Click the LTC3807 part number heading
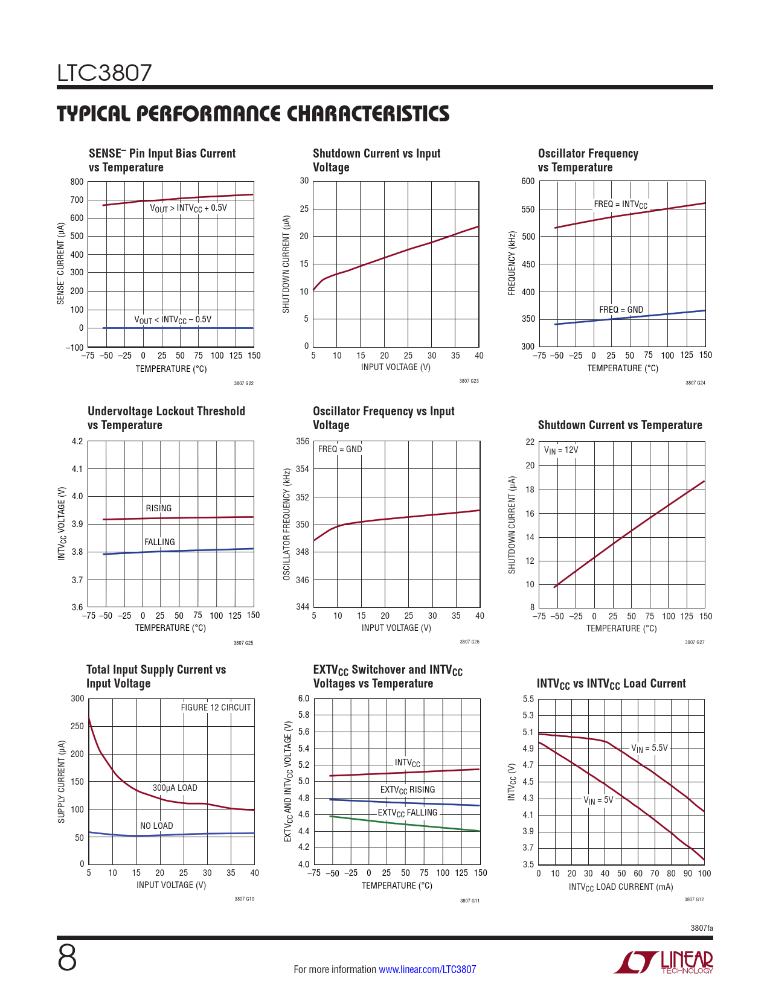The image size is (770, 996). click(x=104, y=73)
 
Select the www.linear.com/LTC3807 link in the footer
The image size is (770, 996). click(x=427, y=969)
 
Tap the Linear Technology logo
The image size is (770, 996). click(x=663, y=962)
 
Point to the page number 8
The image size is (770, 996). click(x=67, y=958)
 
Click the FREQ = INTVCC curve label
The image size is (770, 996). click(x=620, y=205)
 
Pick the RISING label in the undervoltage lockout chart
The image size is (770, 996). click(x=158, y=508)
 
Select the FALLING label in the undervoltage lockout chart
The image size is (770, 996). click(x=159, y=542)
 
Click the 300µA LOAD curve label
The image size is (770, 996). click(x=175, y=788)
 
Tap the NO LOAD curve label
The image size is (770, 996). click(x=156, y=826)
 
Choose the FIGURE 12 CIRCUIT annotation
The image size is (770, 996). click(x=216, y=707)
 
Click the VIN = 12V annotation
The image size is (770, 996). click(x=560, y=450)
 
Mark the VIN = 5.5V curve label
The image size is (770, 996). click(x=649, y=749)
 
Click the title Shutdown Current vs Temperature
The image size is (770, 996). click(x=620, y=425)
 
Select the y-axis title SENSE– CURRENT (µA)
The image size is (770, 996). click(x=60, y=263)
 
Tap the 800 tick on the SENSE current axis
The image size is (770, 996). click(x=77, y=182)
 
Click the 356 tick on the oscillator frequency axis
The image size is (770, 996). click(x=303, y=441)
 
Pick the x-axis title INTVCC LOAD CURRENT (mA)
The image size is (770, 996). click(x=620, y=887)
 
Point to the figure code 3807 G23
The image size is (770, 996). click(x=469, y=381)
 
